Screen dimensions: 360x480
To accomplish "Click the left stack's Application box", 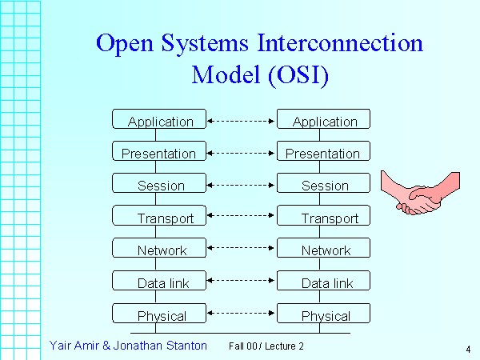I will (x=160, y=120).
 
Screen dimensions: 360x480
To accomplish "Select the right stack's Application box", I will (x=324, y=120).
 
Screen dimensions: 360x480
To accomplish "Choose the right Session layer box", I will (x=324, y=184).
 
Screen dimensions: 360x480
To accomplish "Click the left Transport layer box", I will (x=160, y=217).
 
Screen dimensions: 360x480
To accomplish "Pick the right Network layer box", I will (x=324, y=249).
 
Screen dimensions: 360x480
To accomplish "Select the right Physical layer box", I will (x=324, y=314).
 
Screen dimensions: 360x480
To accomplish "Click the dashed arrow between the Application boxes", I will (x=242, y=121).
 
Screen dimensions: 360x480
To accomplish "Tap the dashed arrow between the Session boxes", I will (x=242, y=185).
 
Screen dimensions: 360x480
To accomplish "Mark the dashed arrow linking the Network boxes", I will (x=242, y=249).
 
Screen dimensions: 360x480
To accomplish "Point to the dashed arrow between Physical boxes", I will (x=242, y=313).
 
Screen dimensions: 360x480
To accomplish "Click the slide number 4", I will (x=466, y=349).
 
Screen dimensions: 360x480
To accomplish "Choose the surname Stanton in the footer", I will (x=183, y=346).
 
